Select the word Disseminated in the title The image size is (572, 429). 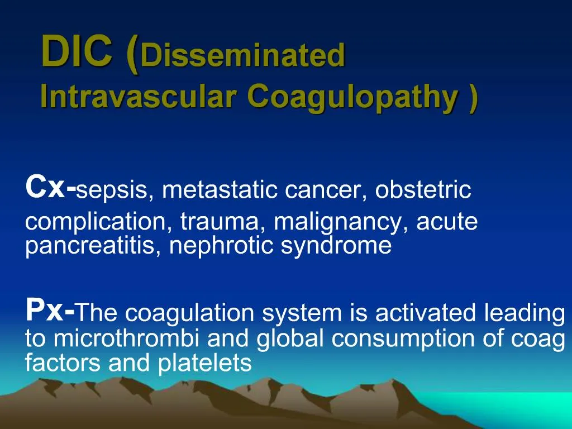pos(243,56)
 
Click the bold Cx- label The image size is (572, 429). pos(50,187)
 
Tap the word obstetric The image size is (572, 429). pos(423,190)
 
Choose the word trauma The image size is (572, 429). pos(224,222)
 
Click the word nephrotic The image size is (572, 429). pos(222,246)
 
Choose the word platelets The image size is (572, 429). pos(205,364)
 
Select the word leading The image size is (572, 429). pos(525,313)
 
